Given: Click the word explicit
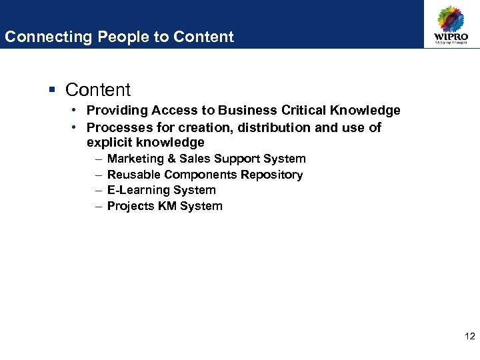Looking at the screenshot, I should (x=109, y=143).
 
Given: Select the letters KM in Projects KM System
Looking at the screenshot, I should (x=167, y=206).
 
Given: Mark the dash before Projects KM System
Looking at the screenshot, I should (x=99, y=206).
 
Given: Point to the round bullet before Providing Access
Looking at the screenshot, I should (x=77, y=110).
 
